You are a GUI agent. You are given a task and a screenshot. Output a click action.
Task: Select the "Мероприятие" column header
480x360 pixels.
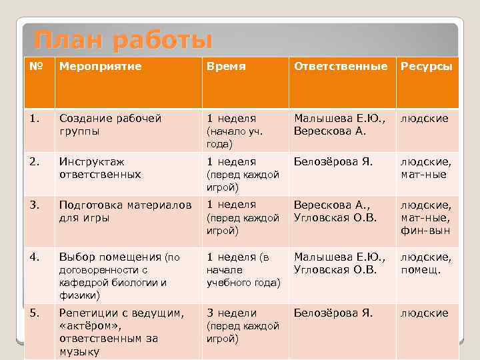[x=91, y=67]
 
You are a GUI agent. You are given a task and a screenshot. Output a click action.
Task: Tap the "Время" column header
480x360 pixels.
[x=226, y=67]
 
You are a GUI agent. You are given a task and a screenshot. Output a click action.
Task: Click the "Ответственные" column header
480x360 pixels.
[x=340, y=67]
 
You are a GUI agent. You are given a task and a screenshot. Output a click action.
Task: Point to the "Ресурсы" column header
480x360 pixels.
[x=426, y=67]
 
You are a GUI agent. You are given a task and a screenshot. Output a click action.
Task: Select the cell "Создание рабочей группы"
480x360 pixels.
[x=110, y=125]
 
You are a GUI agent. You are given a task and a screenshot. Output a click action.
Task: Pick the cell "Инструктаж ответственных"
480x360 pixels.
[x=100, y=168]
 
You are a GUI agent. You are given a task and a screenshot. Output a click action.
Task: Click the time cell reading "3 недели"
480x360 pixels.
[x=231, y=313]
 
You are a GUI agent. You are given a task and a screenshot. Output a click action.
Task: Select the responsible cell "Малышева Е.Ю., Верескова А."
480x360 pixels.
[x=339, y=125]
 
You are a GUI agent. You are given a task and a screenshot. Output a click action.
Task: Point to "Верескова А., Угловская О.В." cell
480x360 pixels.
[x=335, y=211]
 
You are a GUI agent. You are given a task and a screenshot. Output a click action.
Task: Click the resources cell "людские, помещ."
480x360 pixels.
[x=425, y=263]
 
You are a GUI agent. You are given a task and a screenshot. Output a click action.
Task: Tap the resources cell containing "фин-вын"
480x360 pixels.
[x=425, y=231]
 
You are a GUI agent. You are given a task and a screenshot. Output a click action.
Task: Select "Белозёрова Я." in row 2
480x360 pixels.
[x=333, y=161]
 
